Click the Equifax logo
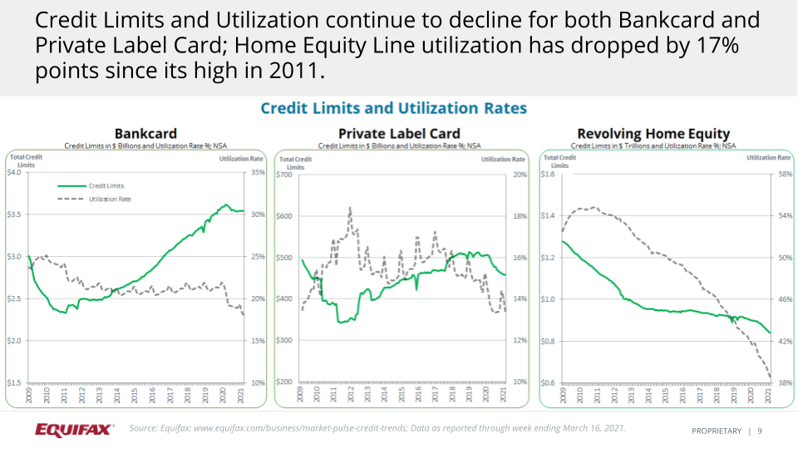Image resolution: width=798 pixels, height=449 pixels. (74, 430)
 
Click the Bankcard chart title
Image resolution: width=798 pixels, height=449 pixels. (145, 134)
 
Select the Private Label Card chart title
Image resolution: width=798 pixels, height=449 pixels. (399, 134)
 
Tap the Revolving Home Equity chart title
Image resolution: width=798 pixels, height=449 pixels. (653, 134)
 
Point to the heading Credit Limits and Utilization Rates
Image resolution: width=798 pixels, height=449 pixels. (393, 108)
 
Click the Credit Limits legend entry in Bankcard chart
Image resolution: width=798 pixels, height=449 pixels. (106, 186)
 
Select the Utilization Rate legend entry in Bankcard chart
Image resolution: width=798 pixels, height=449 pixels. (110, 200)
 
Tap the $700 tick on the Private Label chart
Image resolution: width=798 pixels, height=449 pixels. (285, 175)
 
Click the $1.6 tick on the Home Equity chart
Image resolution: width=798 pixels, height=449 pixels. (549, 175)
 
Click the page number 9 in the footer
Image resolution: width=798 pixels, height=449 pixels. (760, 431)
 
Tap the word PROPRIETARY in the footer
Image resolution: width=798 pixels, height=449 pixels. (717, 431)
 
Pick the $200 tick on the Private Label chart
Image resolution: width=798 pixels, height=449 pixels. (285, 382)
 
